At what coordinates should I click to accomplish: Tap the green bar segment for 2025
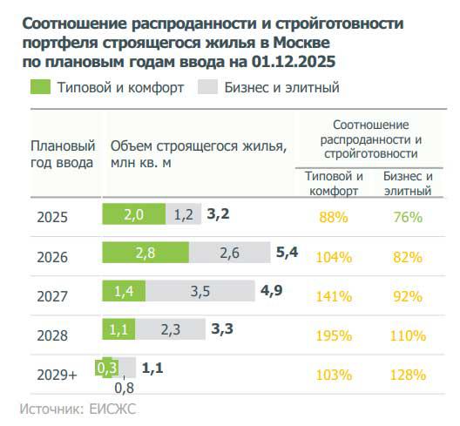point(133,215)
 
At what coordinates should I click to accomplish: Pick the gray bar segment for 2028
point(172,329)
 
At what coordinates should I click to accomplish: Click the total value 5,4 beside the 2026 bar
point(287,254)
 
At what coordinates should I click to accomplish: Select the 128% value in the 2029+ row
point(408,375)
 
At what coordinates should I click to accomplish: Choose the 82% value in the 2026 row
point(408,257)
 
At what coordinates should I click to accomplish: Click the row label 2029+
point(57,375)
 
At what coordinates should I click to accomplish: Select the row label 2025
point(51,218)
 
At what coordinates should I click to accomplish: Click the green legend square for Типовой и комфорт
point(40,86)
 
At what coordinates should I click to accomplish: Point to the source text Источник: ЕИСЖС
point(78,408)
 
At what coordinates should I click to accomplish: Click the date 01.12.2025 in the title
point(295,62)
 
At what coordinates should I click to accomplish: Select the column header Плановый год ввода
point(63,153)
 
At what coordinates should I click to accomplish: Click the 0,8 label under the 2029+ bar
point(124,388)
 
